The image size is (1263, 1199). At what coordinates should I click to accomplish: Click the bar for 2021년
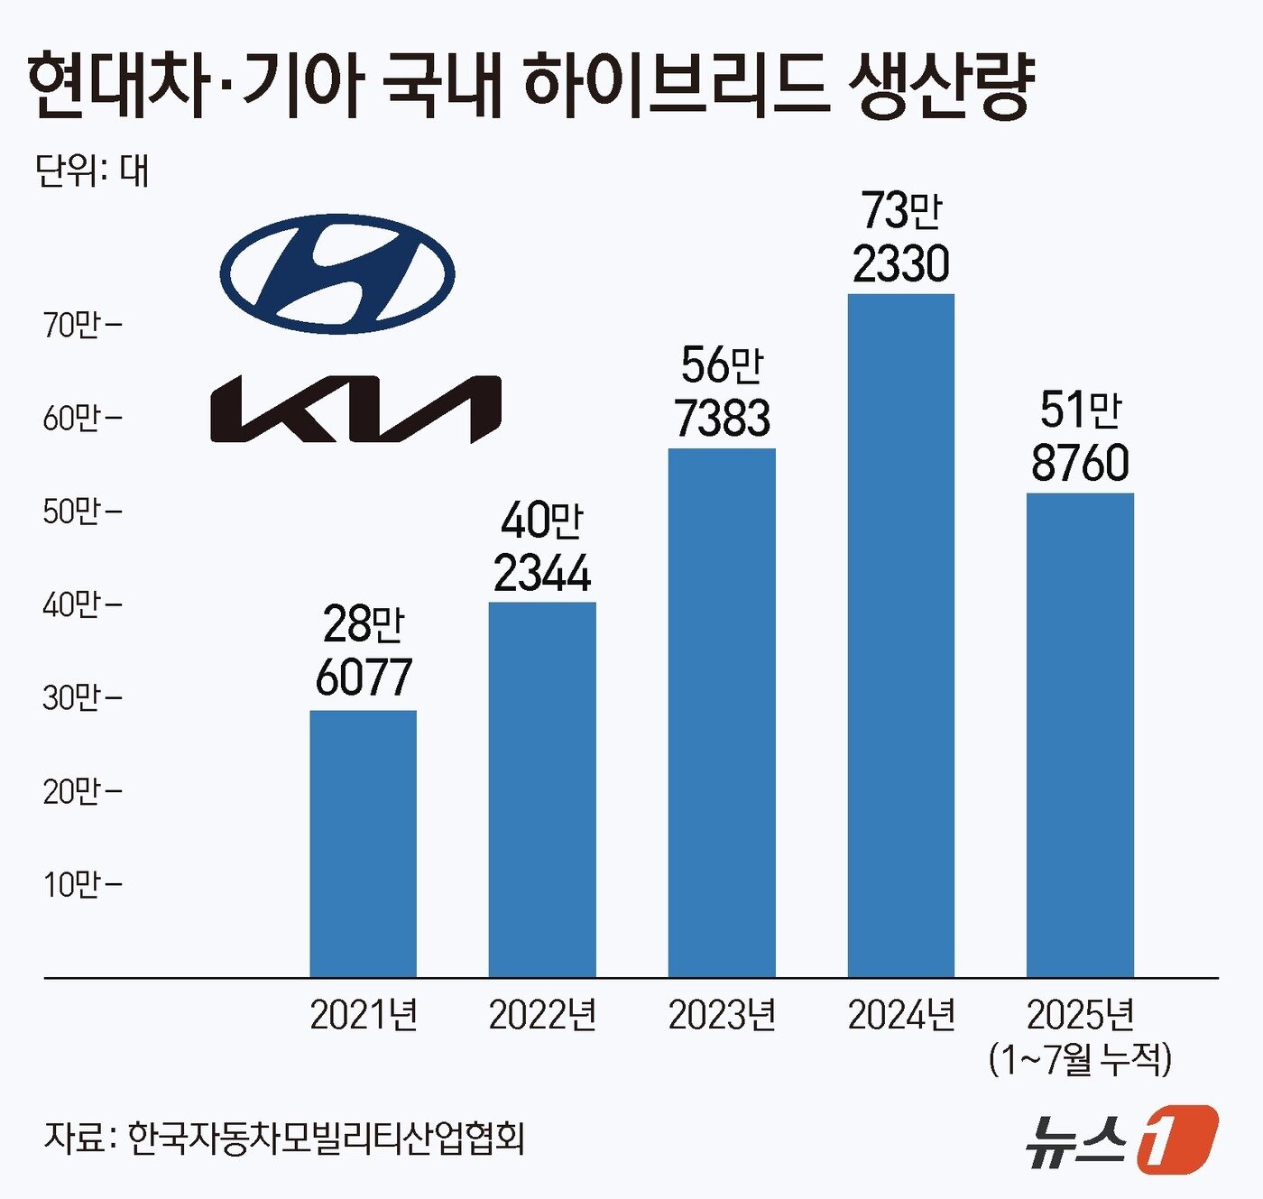tap(363, 843)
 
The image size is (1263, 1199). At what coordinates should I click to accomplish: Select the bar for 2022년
tap(542, 789)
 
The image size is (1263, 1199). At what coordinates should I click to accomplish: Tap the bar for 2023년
tap(722, 712)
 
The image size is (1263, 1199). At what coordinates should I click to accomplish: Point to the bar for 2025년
tap(1080, 734)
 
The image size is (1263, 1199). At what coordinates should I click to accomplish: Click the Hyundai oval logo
tap(337, 274)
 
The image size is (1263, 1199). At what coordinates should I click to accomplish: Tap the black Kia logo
tap(355, 410)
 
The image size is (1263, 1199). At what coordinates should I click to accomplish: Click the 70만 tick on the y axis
tap(80, 325)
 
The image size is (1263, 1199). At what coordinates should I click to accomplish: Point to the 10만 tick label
tap(80, 884)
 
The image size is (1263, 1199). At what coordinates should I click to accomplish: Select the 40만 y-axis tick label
tap(80, 604)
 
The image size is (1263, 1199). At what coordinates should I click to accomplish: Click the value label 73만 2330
tap(900, 237)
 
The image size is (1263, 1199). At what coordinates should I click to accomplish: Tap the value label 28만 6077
tap(364, 650)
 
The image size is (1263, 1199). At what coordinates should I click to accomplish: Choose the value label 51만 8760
tap(1080, 436)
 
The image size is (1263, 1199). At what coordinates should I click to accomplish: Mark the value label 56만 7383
tap(722, 392)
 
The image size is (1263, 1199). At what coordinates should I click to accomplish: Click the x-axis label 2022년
tap(542, 1015)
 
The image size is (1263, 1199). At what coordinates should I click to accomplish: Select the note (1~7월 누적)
tap(1080, 1058)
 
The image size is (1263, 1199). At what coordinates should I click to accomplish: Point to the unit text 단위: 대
tap(92, 170)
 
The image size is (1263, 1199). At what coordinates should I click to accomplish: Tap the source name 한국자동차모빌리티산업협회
tap(326, 1138)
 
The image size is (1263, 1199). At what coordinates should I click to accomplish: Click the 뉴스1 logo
tap(1121, 1139)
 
